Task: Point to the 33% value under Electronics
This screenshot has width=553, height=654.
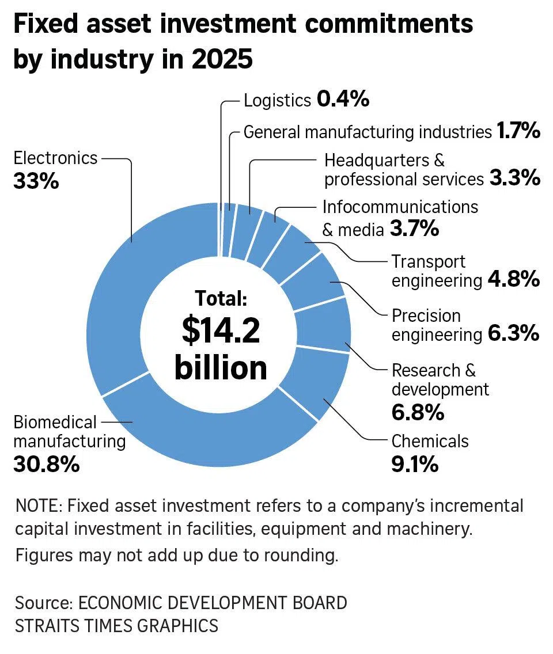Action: [x=36, y=182]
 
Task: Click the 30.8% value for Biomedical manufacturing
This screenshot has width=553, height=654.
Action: [x=46, y=464]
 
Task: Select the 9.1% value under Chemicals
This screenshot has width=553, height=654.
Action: [x=415, y=464]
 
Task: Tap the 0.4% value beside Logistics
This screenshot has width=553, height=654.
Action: [x=343, y=100]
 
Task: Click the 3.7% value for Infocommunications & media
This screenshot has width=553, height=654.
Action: [x=414, y=229]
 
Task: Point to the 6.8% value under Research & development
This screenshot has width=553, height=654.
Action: [x=418, y=412]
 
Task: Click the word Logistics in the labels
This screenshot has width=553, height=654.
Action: [x=277, y=100]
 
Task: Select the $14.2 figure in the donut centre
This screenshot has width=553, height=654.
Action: [x=221, y=330]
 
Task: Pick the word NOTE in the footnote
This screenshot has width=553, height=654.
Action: [x=38, y=506]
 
